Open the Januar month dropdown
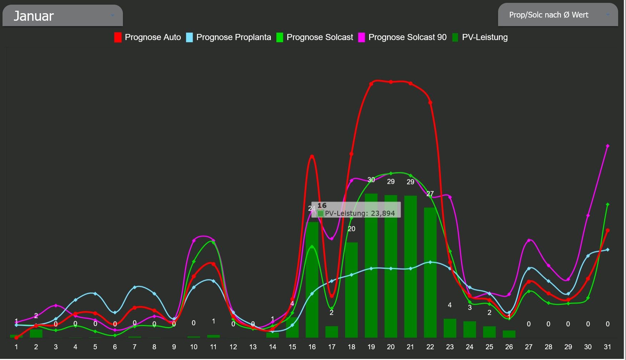coord(63,16)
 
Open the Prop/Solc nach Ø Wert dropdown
coord(558,15)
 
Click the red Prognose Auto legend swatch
coord(118,37)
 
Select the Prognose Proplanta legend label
coord(233,37)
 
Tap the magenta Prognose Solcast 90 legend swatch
coord(361,37)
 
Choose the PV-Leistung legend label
coord(485,37)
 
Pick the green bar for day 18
coord(351,290)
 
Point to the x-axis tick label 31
coord(607,347)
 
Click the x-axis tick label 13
coord(253,347)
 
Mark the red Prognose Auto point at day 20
coord(391,82)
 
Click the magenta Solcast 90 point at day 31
coord(607,146)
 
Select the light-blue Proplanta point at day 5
coord(95,294)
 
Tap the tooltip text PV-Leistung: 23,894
coord(359,213)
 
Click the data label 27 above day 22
coord(430,193)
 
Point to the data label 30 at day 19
coord(371,180)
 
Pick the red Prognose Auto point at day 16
coord(312,156)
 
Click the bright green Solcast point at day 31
coord(607,204)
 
